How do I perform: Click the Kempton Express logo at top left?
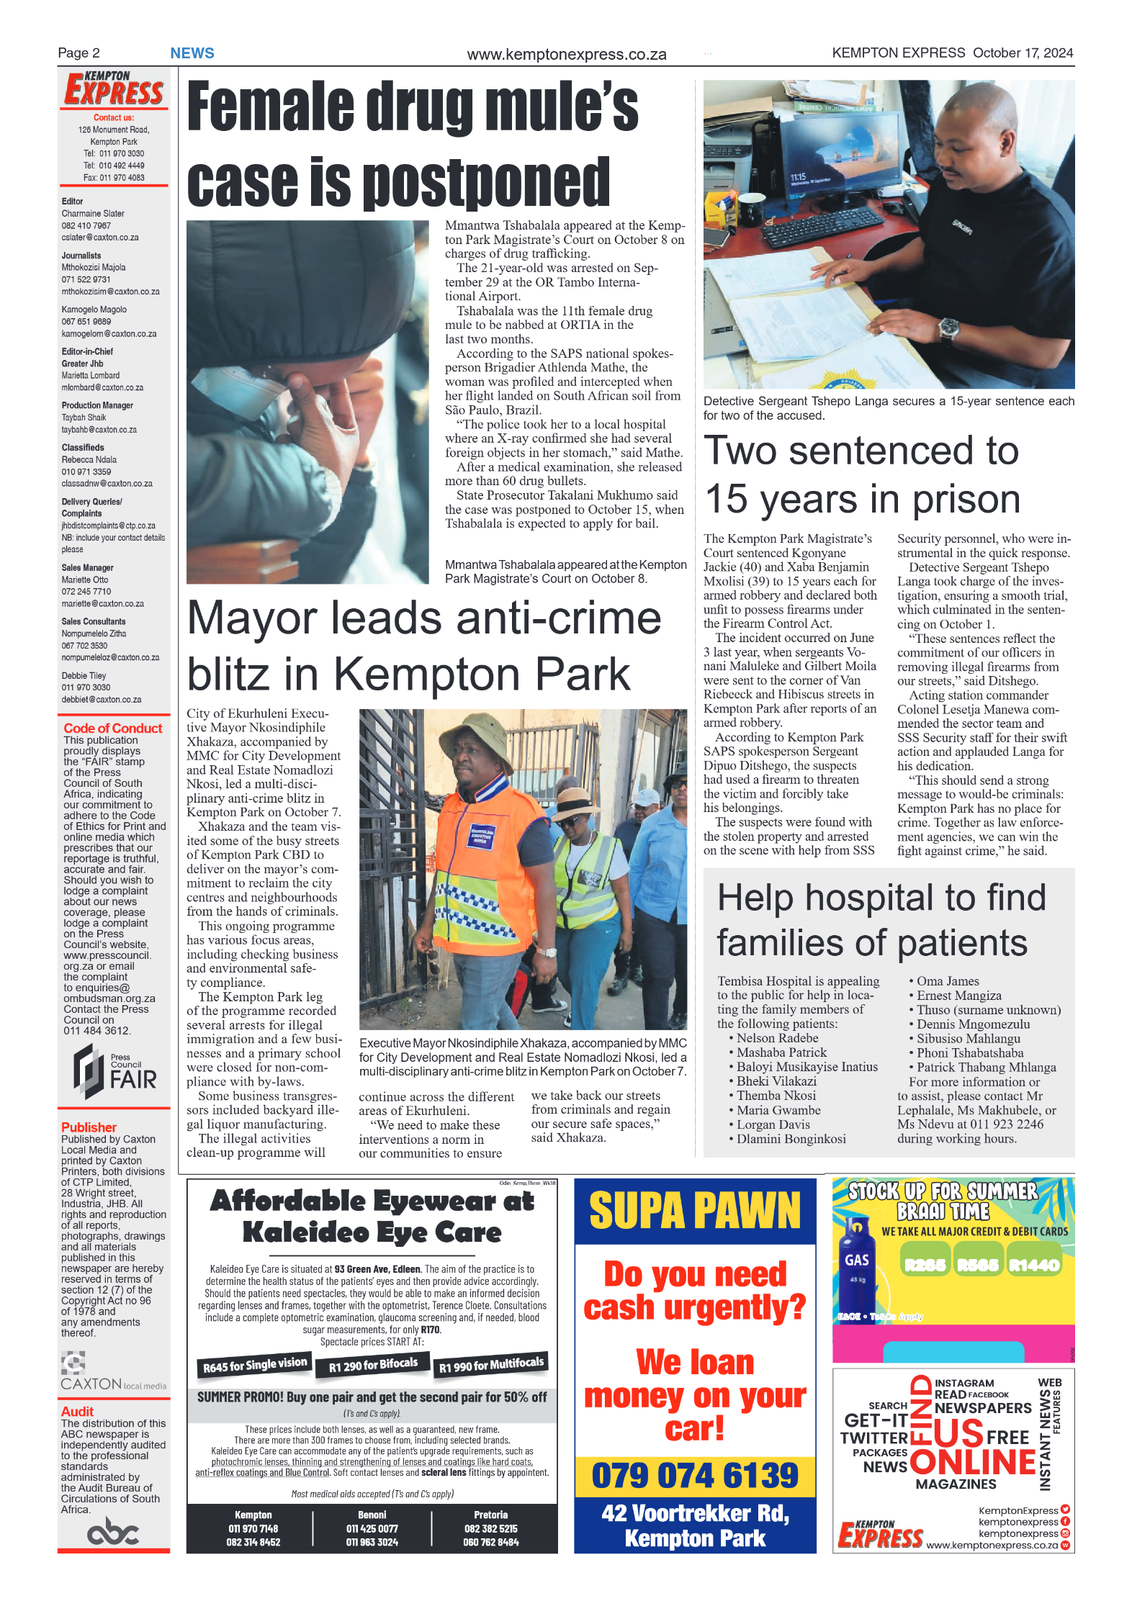click(x=114, y=89)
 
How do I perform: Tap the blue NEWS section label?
click(x=192, y=53)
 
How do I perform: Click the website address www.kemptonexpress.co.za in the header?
click(x=566, y=55)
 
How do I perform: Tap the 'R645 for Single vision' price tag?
click(x=254, y=1364)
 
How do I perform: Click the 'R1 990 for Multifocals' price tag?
click(x=491, y=1364)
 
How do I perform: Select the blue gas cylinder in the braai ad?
click(x=856, y=1266)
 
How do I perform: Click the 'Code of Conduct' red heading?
click(x=113, y=728)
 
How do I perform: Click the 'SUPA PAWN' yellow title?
click(x=694, y=1211)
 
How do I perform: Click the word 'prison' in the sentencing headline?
click(x=965, y=499)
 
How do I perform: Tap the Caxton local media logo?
click(x=112, y=1373)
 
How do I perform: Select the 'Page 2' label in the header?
click(x=78, y=53)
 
